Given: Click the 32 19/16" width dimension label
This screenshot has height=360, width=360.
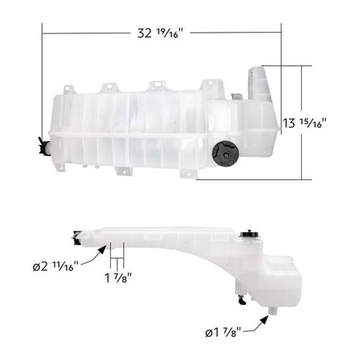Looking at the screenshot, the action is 160,33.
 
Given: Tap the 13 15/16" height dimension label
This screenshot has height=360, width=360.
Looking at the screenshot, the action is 304,123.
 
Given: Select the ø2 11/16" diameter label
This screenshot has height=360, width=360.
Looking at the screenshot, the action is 55,266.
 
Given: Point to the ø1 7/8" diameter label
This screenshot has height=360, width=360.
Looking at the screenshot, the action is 223,332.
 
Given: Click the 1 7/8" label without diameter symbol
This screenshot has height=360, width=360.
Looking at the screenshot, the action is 118,278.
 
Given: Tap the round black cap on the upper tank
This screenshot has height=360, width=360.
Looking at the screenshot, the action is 225,154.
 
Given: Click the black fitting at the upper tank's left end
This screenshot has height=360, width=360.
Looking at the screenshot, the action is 43,147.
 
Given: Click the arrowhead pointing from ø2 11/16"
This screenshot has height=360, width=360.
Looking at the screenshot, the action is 102,250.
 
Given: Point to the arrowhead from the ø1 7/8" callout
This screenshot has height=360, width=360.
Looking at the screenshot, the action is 264,320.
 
